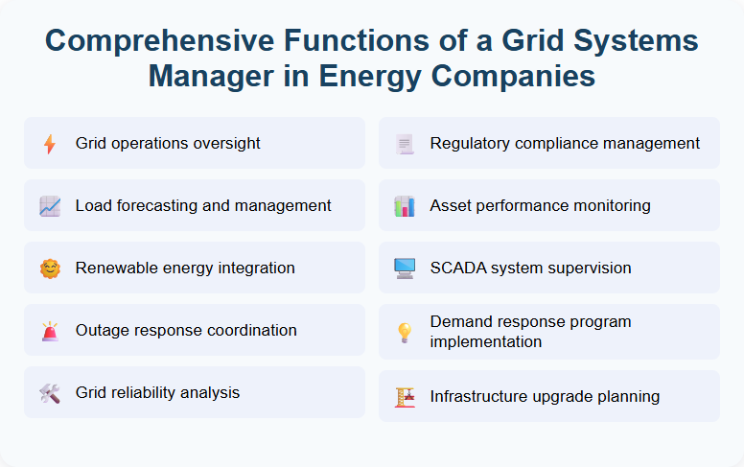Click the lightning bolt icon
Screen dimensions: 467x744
[x=50, y=144]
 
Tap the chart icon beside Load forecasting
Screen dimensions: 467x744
[x=50, y=206]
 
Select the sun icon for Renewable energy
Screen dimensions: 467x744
[x=50, y=269]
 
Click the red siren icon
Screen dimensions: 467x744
[x=50, y=331]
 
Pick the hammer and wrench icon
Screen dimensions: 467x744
[x=50, y=393]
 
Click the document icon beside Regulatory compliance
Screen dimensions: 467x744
[x=405, y=144]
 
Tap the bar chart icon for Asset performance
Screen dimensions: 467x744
[x=405, y=206]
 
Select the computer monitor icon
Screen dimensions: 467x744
[x=405, y=269]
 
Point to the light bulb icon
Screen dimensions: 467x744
[x=405, y=332]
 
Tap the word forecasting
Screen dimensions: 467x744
[x=163, y=206]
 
